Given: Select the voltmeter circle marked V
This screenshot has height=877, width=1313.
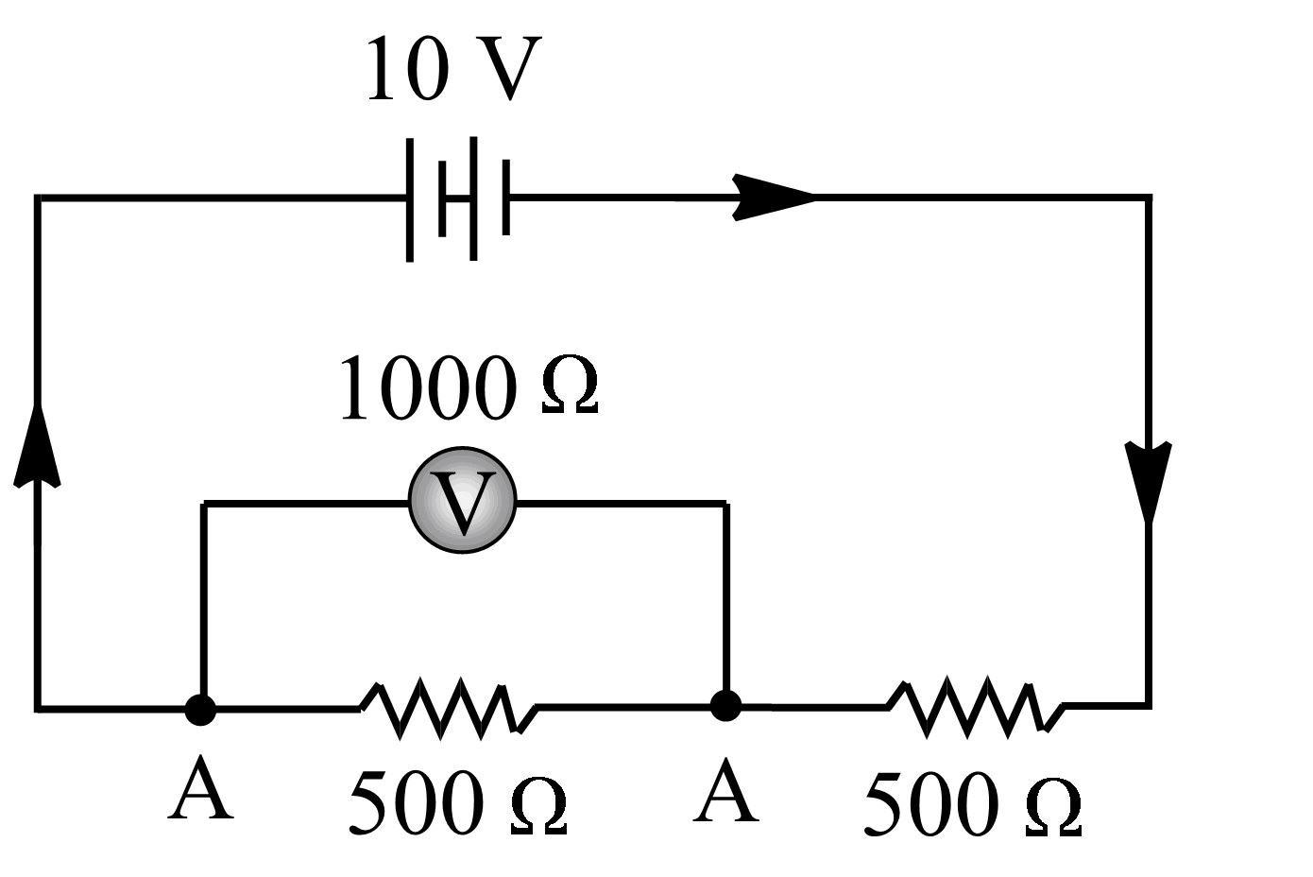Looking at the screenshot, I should pos(463,500).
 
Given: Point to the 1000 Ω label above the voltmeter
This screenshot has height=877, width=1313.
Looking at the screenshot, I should pos(469,387).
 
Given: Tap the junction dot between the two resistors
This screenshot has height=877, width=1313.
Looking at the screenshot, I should pos(725,705).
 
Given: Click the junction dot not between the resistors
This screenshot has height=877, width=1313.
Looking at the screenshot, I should pos(200,709).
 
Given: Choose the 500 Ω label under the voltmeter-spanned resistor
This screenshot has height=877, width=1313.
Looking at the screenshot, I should pos(458,802).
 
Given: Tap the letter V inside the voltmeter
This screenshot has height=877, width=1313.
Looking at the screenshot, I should pos(463,502).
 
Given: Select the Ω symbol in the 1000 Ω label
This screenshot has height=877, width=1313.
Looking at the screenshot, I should pos(571,388).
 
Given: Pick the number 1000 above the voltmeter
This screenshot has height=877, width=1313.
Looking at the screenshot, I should pos(429,387).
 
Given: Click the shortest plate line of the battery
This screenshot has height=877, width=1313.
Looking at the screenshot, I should pos(506,198).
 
